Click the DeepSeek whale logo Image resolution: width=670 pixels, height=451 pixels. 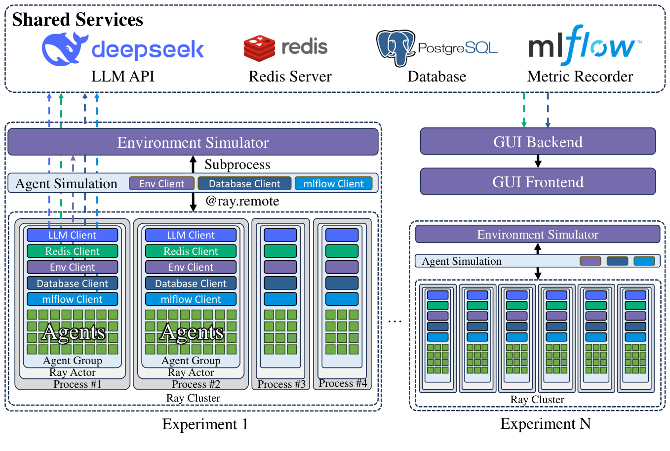click(x=64, y=49)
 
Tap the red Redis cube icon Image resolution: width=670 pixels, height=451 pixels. click(x=259, y=48)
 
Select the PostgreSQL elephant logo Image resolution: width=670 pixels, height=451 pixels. click(x=395, y=47)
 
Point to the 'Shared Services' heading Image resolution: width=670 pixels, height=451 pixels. click(x=78, y=20)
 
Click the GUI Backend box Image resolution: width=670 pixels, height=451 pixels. click(x=538, y=142)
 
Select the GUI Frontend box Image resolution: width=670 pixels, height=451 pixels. click(x=538, y=182)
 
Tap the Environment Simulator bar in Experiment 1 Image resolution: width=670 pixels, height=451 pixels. click(x=193, y=142)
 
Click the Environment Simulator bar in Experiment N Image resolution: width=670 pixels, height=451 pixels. click(x=537, y=234)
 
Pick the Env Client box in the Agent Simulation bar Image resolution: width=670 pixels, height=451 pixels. click(x=161, y=184)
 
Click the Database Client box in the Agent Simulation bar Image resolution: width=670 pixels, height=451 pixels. click(x=244, y=184)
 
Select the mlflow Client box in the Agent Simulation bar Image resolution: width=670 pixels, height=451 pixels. click(x=333, y=184)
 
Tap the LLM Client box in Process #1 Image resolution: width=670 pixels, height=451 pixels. click(x=72, y=235)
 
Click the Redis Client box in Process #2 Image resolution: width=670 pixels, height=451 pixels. click(x=191, y=251)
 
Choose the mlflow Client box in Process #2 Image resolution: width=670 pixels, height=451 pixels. click(x=191, y=299)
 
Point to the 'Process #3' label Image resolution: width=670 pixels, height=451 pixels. click(x=281, y=384)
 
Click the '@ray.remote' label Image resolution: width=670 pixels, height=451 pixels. click(x=242, y=201)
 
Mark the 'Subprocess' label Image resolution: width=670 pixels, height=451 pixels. click(x=237, y=164)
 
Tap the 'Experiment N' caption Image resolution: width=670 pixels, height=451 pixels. click(x=545, y=424)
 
